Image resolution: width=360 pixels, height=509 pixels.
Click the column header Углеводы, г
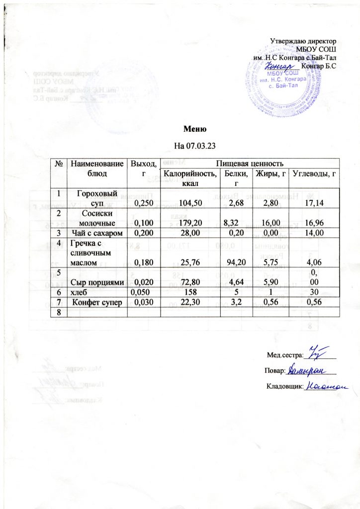click(x=314, y=173)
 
